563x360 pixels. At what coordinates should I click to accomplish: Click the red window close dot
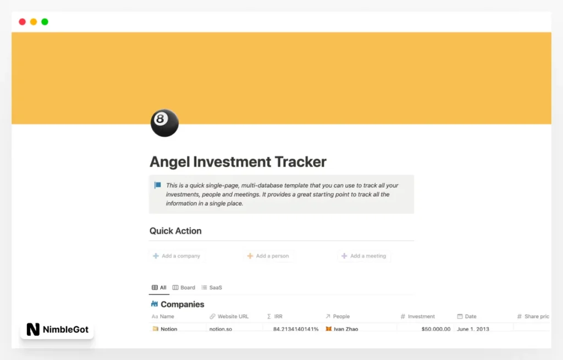tap(22, 22)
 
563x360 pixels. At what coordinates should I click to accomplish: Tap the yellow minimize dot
tap(34, 22)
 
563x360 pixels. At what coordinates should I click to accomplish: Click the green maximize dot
tap(45, 22)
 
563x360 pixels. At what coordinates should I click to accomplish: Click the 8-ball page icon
tap(164, 123)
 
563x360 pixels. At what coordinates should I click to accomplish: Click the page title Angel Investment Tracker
tap(238, 162)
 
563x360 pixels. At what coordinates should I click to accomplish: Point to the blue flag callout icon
tap(158, 186)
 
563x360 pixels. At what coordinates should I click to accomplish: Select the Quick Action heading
tap(175, 231)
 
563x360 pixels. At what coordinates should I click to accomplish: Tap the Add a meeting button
tap(364, 256)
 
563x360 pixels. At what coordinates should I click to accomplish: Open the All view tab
tap(159, 287)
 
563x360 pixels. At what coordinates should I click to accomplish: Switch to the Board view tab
tap(184, 287)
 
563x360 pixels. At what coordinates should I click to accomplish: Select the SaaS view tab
tap(212, 287)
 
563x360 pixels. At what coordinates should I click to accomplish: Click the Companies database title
tap(182, 304)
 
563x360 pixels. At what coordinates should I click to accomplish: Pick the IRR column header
tap(278, 317)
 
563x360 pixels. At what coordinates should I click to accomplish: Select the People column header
tap(341, 317)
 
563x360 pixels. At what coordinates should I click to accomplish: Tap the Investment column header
tap(421, 317)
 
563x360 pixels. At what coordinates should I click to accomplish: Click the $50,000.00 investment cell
tap(435, 329)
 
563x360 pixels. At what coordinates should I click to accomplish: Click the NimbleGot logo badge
tap(57, 330)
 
